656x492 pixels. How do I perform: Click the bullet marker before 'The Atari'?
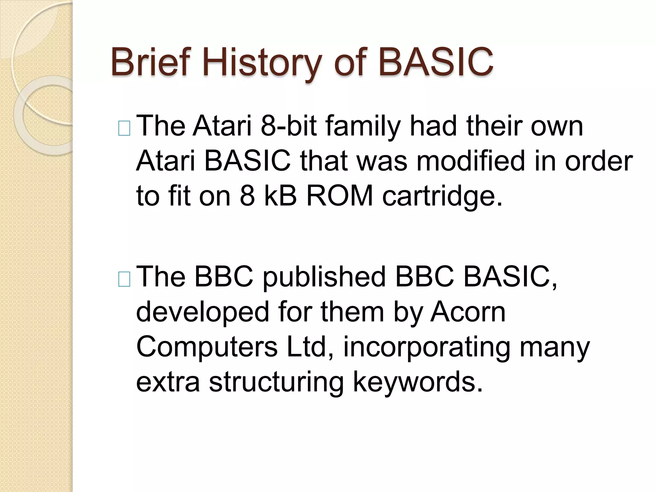(x=124, y=128)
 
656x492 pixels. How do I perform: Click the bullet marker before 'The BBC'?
(x=124, y=279)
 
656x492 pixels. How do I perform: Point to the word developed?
(x=202, y=312)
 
